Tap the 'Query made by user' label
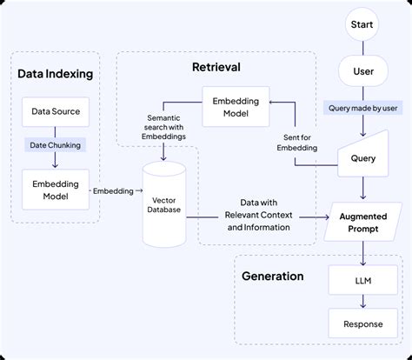point(363,108)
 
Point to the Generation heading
point(273,277)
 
